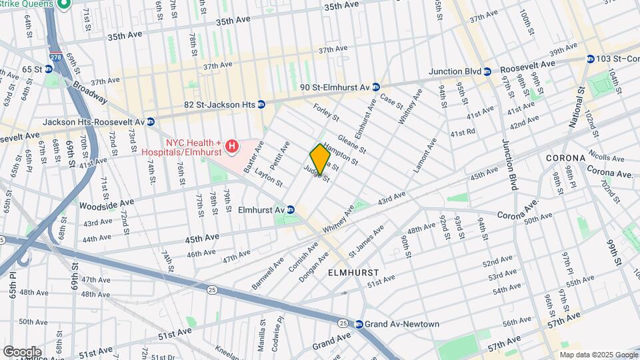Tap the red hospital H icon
[x=232, y=145]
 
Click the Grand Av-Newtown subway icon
[x=359, y=324]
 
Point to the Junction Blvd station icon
[x=487, y=71]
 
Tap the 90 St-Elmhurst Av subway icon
[x=376, y=87]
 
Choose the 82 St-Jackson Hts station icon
[x=261, y=104]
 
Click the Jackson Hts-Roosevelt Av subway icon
[x=151, y=121]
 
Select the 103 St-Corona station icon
[x=589, y=59]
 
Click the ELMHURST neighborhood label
[x=353, y=273]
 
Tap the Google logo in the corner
[x=22, y=351]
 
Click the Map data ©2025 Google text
[x=598, y=355]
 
